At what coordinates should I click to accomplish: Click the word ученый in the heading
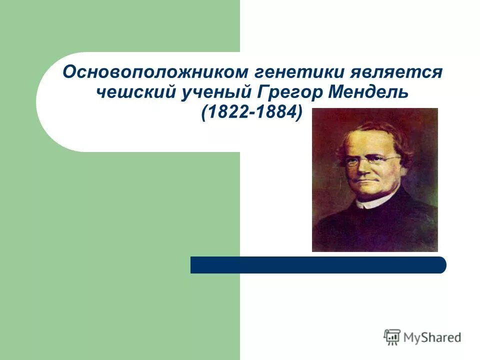tap(216, 92)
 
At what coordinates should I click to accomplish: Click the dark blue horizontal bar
tap(318, 265)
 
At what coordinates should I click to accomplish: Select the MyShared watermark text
tap(432, 337)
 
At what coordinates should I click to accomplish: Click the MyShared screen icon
tap(392, 337)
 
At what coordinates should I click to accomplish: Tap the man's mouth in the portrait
tap(366, 179)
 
